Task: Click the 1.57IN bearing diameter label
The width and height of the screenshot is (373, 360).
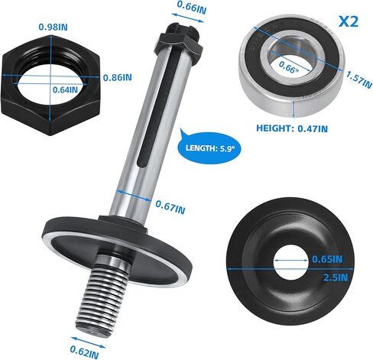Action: pos(355,78)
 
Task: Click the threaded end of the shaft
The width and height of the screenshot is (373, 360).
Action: pos(100,297)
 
